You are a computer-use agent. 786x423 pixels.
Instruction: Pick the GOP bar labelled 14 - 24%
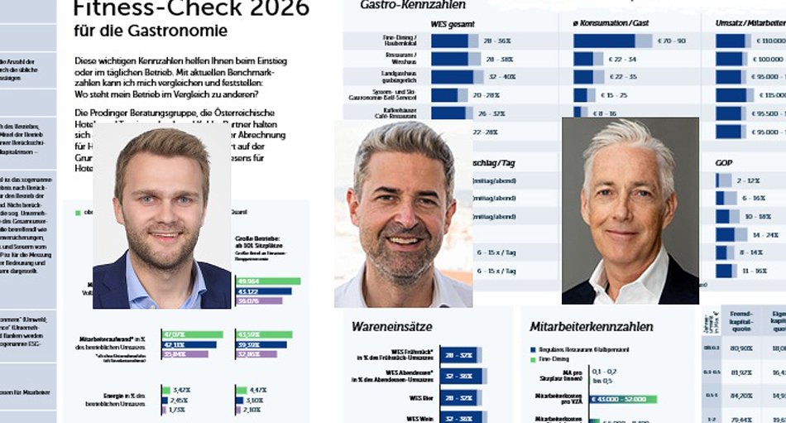731,234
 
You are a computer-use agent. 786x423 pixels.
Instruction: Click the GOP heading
726,162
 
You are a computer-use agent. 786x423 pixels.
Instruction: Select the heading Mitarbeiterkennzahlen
592,327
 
